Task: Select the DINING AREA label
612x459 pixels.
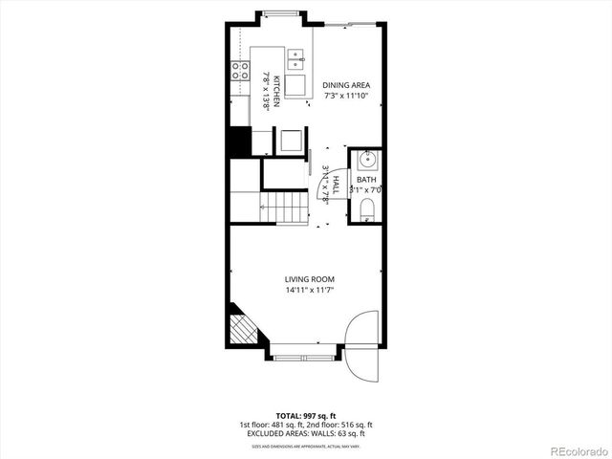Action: [x=346, y=85]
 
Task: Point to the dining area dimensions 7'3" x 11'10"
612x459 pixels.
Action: [x=346, y=96]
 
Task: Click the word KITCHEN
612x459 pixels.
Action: [x=276, y=90]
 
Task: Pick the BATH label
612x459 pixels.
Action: [x=366, y=179]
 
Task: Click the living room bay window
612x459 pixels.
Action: [x=301, y=357]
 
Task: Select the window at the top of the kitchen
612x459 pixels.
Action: [x=280, y=13]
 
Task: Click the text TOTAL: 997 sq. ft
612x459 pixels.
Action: [x=305, y=416]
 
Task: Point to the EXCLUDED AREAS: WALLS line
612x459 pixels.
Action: [x=305, y=434]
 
